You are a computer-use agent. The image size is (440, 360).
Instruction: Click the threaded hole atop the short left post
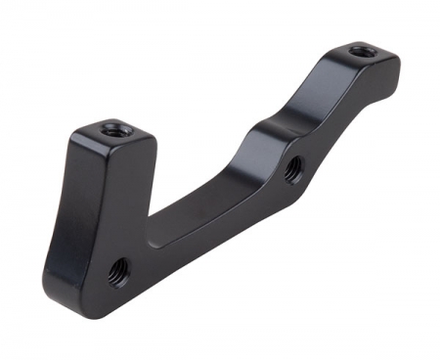pyautogui.click(x=116, y=128)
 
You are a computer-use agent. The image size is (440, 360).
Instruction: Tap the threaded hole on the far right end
pyautogui.click(x=362, y=50)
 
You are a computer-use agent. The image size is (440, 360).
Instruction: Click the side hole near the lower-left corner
pyautogui.click(x=119, y=267)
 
